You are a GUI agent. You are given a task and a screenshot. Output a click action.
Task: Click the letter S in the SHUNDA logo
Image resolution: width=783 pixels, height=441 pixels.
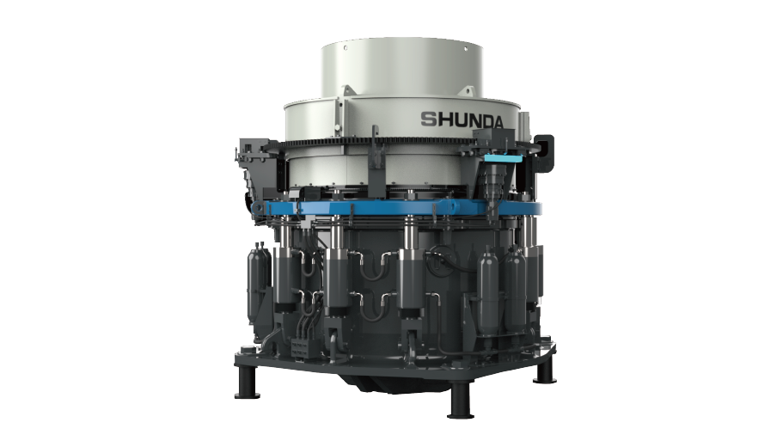pyautogui.click(x=428, y=119)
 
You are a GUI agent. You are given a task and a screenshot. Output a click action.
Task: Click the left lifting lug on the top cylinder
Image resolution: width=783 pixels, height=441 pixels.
pyautogui.click(x=347, y=90)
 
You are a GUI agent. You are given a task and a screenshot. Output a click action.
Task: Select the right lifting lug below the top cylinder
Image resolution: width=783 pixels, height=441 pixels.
pyautogui.click(x=467, y=90)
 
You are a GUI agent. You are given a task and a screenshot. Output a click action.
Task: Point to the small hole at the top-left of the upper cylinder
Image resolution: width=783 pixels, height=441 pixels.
pyautogui.click(x=345, y=48)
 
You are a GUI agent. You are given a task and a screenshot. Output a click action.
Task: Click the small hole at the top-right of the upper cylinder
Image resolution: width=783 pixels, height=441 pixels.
pyautogui.click(x=465, y=48)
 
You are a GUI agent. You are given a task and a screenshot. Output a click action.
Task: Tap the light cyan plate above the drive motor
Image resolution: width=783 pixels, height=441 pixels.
pyautogui.click(x=502, y=158)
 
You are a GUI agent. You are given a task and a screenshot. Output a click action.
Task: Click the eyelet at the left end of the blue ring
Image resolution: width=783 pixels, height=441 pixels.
pyautogui.click(x=259, y=206)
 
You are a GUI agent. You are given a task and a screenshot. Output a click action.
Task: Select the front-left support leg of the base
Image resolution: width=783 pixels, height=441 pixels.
pyautogui.click(x=248, y=383)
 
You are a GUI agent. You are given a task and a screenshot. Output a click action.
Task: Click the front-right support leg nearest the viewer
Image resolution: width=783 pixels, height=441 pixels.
pyautogui.click(x=460, y=400)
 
